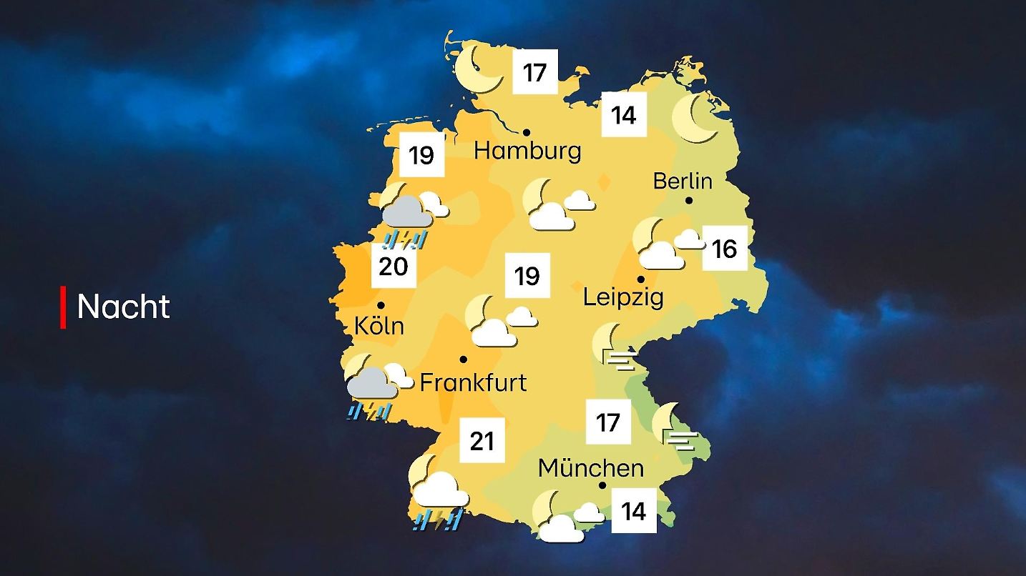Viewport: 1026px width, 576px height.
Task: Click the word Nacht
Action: pyautogui.click(x=123, y=307)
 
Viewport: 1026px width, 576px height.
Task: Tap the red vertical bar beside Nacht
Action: pyautogui.click(x=63, y=307)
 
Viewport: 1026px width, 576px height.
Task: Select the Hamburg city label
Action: pyautogui.click(x=527, y=152)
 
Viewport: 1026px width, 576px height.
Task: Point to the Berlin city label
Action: pyautogui.click(x=683, y=181)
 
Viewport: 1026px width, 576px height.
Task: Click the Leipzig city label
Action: pyautogui.click(x=623, y=297)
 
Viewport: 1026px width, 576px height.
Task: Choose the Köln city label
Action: pyautogui.click(x=379, y=327)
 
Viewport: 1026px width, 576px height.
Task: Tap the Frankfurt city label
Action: pyautogui.click(x=473, y=382)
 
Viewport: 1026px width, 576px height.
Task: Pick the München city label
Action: pyautogui.click(x=591, y=469)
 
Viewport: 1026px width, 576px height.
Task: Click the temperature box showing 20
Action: pyautogui.click(x=393, y=267)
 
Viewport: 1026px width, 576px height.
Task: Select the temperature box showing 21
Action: pyautogui.click(x=482, y=441)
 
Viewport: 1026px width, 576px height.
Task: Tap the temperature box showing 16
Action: pyautogui.click(x=724, y=249)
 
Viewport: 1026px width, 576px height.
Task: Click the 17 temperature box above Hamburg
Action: pyautogui.click(x=534, y=73)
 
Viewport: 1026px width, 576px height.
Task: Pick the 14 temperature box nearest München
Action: pyautogui.click(x=634, y=512)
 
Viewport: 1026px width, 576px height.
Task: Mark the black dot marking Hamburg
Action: pyautogui.click(x=526, y=132)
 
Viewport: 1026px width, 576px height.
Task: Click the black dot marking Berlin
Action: pyautogui.click(x=689, y=201)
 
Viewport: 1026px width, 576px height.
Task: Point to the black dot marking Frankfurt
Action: pyautogui.click(x=464, y=359)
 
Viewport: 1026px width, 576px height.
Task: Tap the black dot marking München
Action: pyautogui.click(x=602, y=485)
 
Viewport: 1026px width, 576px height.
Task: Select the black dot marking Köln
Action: pyautogui.click(x=381, y=305)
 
